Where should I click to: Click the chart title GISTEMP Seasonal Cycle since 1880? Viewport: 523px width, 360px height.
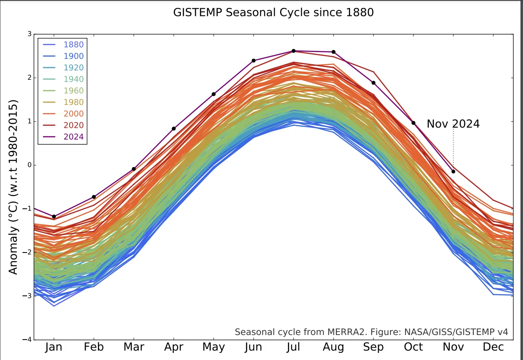click(273, 12)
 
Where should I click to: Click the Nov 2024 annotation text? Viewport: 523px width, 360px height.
click(453, 124)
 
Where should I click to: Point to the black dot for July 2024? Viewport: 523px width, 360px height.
click(293, 51)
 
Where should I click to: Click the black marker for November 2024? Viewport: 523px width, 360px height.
click(453, 172)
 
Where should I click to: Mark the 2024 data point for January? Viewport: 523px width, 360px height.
click(54, 217)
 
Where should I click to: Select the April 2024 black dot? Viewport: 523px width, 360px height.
click(174, 129)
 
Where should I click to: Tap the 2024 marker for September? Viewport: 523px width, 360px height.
click(373, 83)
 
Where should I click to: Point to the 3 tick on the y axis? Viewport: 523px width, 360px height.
click(29, 34)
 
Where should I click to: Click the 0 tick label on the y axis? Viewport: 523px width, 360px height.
click(29, 165)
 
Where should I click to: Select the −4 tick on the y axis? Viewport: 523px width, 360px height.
click(28, 340)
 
